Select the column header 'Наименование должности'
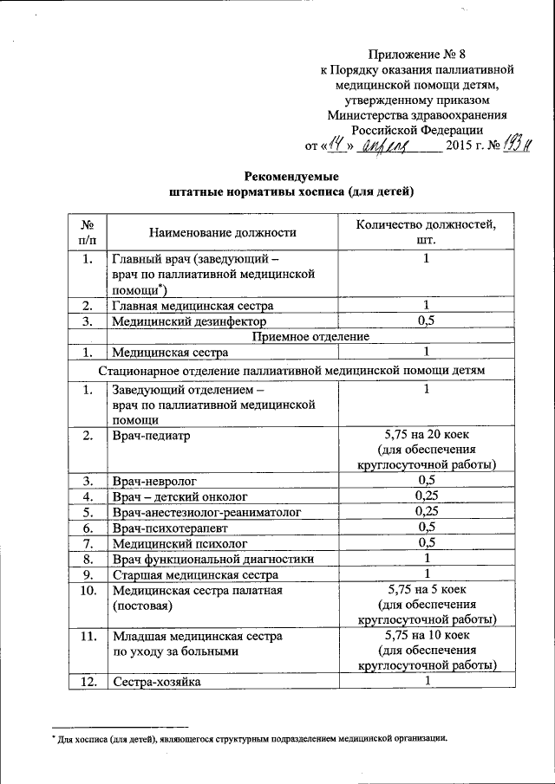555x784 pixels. point(223,231)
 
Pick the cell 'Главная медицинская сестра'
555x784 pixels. point(193,306)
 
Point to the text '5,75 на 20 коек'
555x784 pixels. point(426,434)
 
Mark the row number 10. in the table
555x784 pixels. point(87,590)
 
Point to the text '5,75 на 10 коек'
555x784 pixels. point(426,636)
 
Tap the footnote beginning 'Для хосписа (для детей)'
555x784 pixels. point(251,739)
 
